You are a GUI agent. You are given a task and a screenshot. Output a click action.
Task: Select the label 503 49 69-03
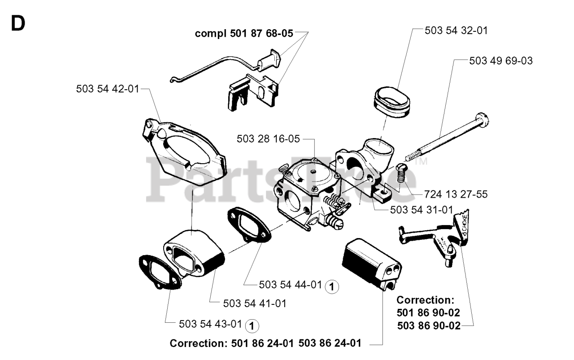tap(501, 61)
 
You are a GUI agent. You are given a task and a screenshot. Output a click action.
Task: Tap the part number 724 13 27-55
tap(456, 195)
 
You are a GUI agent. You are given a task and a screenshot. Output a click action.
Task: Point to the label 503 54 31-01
tap(422, 209)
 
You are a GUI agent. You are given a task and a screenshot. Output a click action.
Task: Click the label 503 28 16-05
tap(268, 139)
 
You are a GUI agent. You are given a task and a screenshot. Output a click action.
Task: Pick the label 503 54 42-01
tap(108, 89)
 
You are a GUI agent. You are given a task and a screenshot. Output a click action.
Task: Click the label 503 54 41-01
tap(255, 304)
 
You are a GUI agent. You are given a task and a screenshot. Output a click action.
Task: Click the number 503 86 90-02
tap(428, 326)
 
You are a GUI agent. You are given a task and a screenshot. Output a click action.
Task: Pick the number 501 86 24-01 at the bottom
tap(263, 343)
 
